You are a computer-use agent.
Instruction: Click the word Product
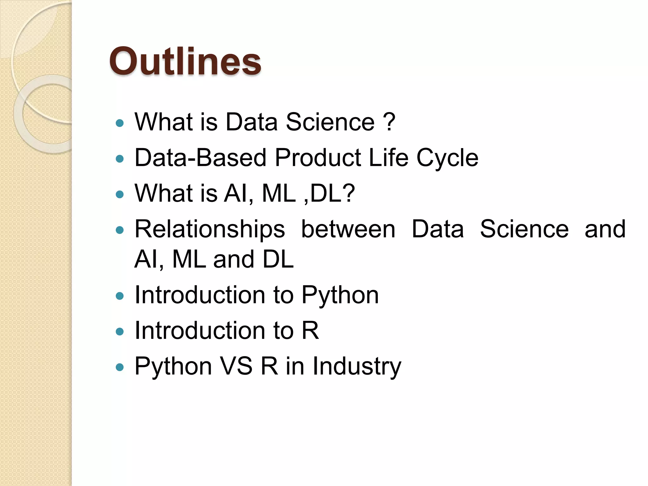click(318, 158)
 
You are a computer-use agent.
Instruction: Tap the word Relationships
click(209, 229)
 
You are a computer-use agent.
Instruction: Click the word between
click(348, 229)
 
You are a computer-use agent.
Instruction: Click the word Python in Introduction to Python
click(340, 295)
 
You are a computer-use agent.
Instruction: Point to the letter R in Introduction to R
click(310, 330)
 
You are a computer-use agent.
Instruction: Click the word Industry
click(357, 366)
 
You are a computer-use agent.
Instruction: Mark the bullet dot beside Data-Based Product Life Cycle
click(120, 159)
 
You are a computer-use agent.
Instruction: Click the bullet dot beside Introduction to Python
click(120, 296)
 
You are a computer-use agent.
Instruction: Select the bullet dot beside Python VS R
click(120, 367)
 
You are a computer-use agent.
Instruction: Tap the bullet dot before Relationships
click(120, 230)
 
